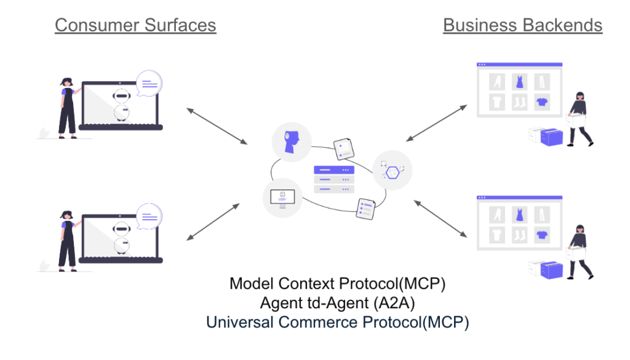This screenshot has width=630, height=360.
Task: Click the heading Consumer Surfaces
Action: coord(135,25)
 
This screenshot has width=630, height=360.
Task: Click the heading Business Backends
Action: coord(522,25)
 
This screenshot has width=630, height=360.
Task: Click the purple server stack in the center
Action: coord(334,179)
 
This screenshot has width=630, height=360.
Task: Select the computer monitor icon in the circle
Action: coord(282,198)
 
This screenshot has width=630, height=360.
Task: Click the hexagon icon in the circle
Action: coord(393,169)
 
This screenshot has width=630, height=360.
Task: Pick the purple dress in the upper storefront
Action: coord(519,81)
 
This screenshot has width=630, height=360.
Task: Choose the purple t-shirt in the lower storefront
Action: coord(541,234)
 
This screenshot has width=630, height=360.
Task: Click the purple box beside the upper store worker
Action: coord(552,137)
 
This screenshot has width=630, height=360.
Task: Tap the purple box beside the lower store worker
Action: coord(552,269)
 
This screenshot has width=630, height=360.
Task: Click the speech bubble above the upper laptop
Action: coord(149,83)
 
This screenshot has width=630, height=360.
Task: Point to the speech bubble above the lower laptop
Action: coord(149,216)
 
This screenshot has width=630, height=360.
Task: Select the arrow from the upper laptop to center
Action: coord(217,126)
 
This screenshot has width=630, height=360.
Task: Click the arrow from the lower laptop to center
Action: coord(212,222)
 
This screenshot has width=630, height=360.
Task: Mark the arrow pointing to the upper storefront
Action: coord(437,122)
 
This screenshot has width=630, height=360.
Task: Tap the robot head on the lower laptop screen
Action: coord(123,228)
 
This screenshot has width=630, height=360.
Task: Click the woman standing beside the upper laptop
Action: coord(67,108)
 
